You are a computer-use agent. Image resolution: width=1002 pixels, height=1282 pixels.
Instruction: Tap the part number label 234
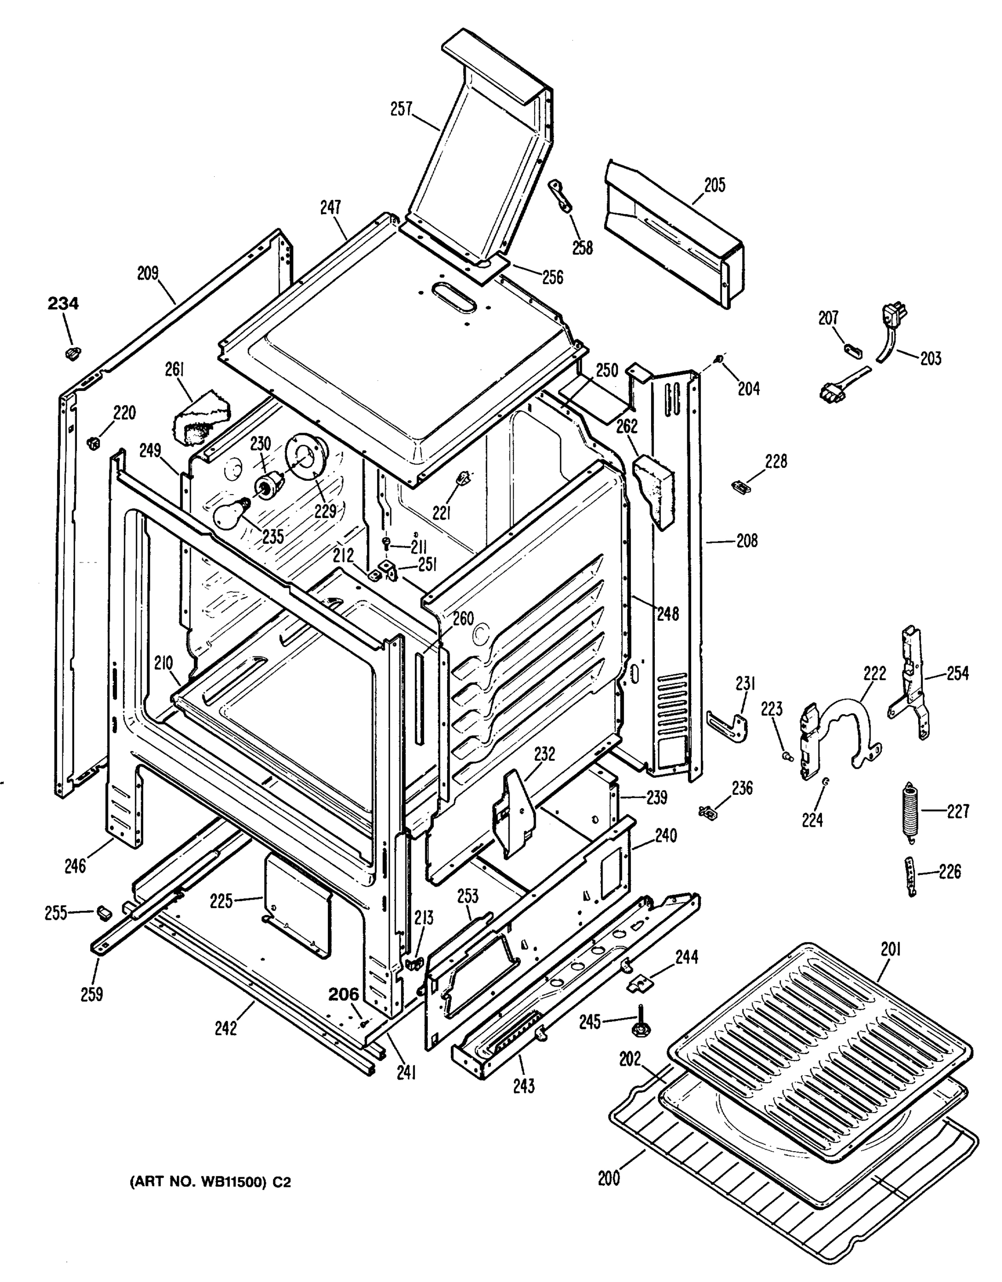tap(63, 304)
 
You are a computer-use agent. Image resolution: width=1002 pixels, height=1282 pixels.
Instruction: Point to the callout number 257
tap(402, 109)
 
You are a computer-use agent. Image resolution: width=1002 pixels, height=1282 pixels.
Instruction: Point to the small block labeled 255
tap(105, 912)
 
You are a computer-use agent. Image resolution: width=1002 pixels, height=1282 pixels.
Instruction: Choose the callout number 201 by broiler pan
tap(890, 949)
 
